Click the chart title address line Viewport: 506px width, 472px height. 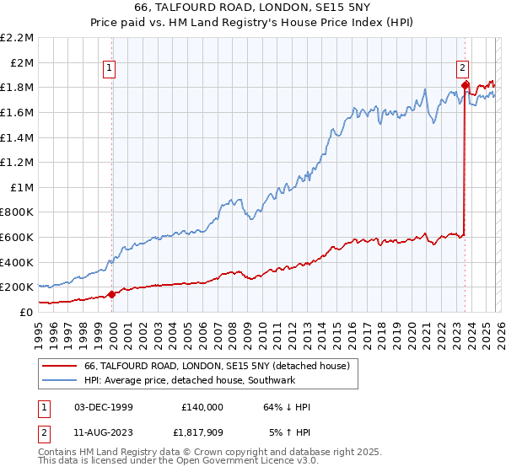(x=253, y=8)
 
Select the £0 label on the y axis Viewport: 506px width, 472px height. (x=25, y=312)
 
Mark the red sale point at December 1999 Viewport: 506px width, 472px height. (x=111, y=294)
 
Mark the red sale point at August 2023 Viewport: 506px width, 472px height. (x=465, y=84)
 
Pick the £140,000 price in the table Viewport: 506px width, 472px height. (x=202, y=407)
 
